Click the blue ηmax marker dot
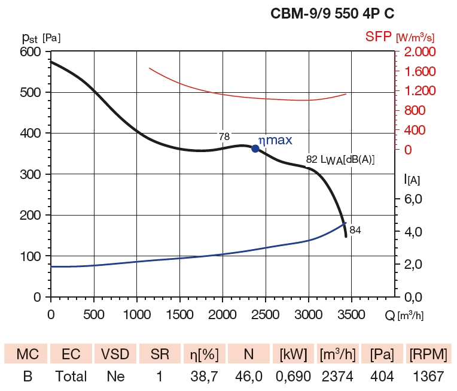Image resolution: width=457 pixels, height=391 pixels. (x=255, y=148)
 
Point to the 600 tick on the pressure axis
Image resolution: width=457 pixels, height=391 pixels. (x=31, y=52)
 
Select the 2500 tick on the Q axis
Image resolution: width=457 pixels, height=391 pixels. (x=265, y=314)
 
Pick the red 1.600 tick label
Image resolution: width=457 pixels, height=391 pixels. (x=419, y=72)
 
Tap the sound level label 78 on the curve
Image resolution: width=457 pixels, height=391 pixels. (x=224, y=137)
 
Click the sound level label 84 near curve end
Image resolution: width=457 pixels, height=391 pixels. (x=355, y=229)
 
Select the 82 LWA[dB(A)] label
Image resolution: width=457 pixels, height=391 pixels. (x=340, y=159)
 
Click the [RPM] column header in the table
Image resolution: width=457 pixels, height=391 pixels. (x=428, y=354)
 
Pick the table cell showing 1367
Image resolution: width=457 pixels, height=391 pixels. (x=428, y=377)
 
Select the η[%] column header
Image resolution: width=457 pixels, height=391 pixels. (x=204, y=354)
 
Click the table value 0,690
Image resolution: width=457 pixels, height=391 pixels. (x=291, y=377)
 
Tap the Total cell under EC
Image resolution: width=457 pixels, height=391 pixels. (x=71, y=377)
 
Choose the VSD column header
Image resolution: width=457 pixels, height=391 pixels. (x=115, y=354)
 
